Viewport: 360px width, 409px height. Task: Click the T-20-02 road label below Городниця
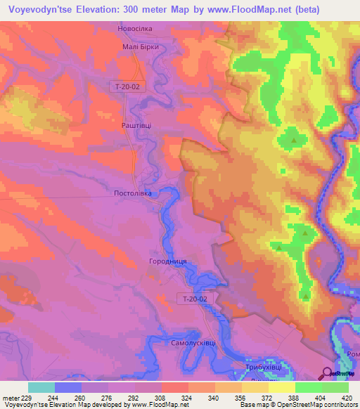tap(194, 299)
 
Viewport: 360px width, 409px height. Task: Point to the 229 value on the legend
tap(22, 398)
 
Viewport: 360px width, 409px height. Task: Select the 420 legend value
tap(347, 398)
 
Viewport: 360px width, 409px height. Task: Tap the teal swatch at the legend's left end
tap(41, 387)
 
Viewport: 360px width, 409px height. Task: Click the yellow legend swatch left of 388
tap(281, 387)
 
